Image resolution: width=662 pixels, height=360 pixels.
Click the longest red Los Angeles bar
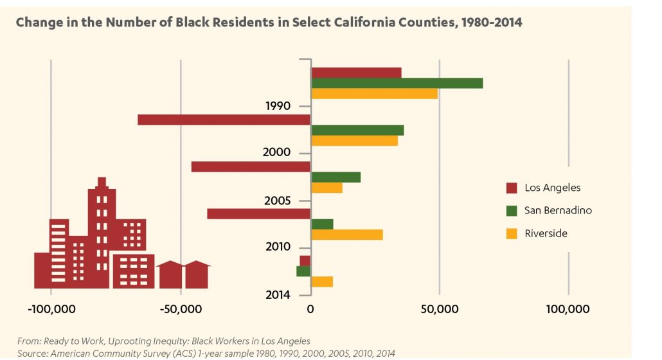pyautogui.click(x=224, y=120)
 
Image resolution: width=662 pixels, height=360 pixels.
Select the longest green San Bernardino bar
pyautogui.click(x=397, y=83)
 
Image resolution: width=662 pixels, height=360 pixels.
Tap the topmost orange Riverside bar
pyautogui.click(x=374, y=94)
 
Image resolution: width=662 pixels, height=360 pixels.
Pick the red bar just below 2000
pyautogui.click(x=251, y=166)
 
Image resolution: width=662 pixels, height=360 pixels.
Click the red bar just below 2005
pyautogui.click(x=259, y=213)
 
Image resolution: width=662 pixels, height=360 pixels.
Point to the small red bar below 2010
pyautogui.click(x=305, y=260)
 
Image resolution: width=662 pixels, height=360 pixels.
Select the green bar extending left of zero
pyautogui.click(x=303, y=271)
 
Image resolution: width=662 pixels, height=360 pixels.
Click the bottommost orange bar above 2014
pyautogui.click(x=322, y=282)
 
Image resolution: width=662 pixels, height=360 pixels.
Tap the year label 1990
pyautogui.click(x=278, y=105)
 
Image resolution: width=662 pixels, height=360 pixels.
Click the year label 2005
pyautogui.click(x=278, y=200)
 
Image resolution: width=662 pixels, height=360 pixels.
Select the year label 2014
pyautogui.click(x=278, y=295)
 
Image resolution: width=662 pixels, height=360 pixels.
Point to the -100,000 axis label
pyautogui.click(x=52, y=310)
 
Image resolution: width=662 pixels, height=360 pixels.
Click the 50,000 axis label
pyautogui.click(x=439, y=310)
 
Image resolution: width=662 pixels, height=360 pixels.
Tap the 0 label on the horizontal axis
pyautogui.click(x=310, y=310)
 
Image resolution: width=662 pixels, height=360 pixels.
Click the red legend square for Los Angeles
pyautogui.click(x=512, y=188)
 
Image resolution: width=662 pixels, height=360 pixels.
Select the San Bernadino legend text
pyautogui.click(x=558, y=210)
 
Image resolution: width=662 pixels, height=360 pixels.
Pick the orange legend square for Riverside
pyautogui.click(x=512, y=233)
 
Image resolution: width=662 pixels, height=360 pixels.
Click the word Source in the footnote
pyautogui.click(x=33, y=353)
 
